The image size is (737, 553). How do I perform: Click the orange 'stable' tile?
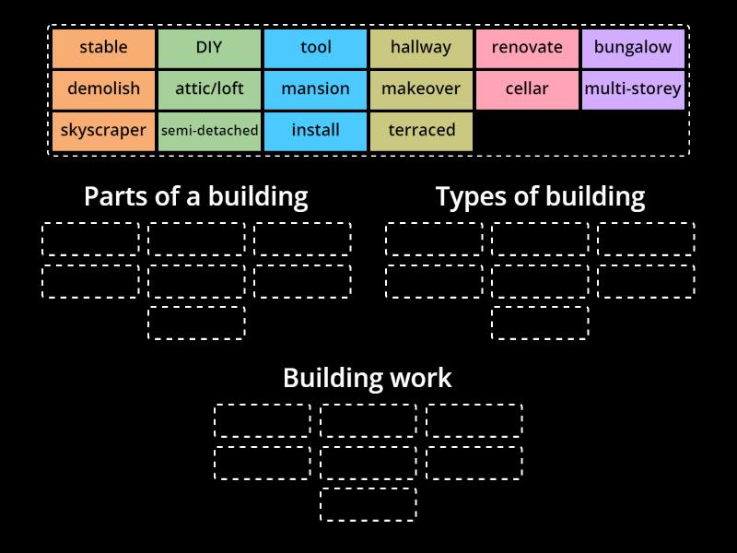103,47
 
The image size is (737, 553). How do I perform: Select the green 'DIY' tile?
209,47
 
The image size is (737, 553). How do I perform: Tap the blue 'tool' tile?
315,47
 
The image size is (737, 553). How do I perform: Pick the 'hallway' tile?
421,47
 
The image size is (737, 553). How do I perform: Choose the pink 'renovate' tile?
527,47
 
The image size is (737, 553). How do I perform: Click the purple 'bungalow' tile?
633,47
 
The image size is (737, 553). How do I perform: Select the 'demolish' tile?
103,88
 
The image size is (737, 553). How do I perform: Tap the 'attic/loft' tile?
209,88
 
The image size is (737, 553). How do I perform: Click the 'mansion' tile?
315,88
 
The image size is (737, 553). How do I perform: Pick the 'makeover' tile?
421,88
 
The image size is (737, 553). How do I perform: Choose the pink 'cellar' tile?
527,88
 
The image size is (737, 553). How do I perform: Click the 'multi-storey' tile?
633,88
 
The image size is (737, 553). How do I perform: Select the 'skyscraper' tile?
103,130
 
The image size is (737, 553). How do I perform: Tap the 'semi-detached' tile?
209,130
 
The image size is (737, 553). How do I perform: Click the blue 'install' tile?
315,130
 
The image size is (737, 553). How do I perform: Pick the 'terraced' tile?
421,130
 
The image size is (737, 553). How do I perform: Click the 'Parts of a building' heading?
195,195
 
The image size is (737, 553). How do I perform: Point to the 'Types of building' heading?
540,195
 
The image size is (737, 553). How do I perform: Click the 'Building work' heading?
368,378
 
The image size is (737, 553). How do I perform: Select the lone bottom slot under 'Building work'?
368,504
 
